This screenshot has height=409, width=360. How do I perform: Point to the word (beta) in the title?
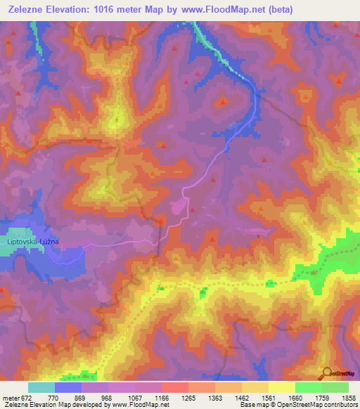click(x=277, y=9)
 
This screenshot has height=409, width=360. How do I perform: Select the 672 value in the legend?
click(x=25, y=397)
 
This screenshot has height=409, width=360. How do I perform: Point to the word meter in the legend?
click(x=10, y=397)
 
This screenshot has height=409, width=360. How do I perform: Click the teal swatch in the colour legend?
click(x=41, y=387)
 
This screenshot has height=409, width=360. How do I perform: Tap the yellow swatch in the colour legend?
click(x=281, y=387)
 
